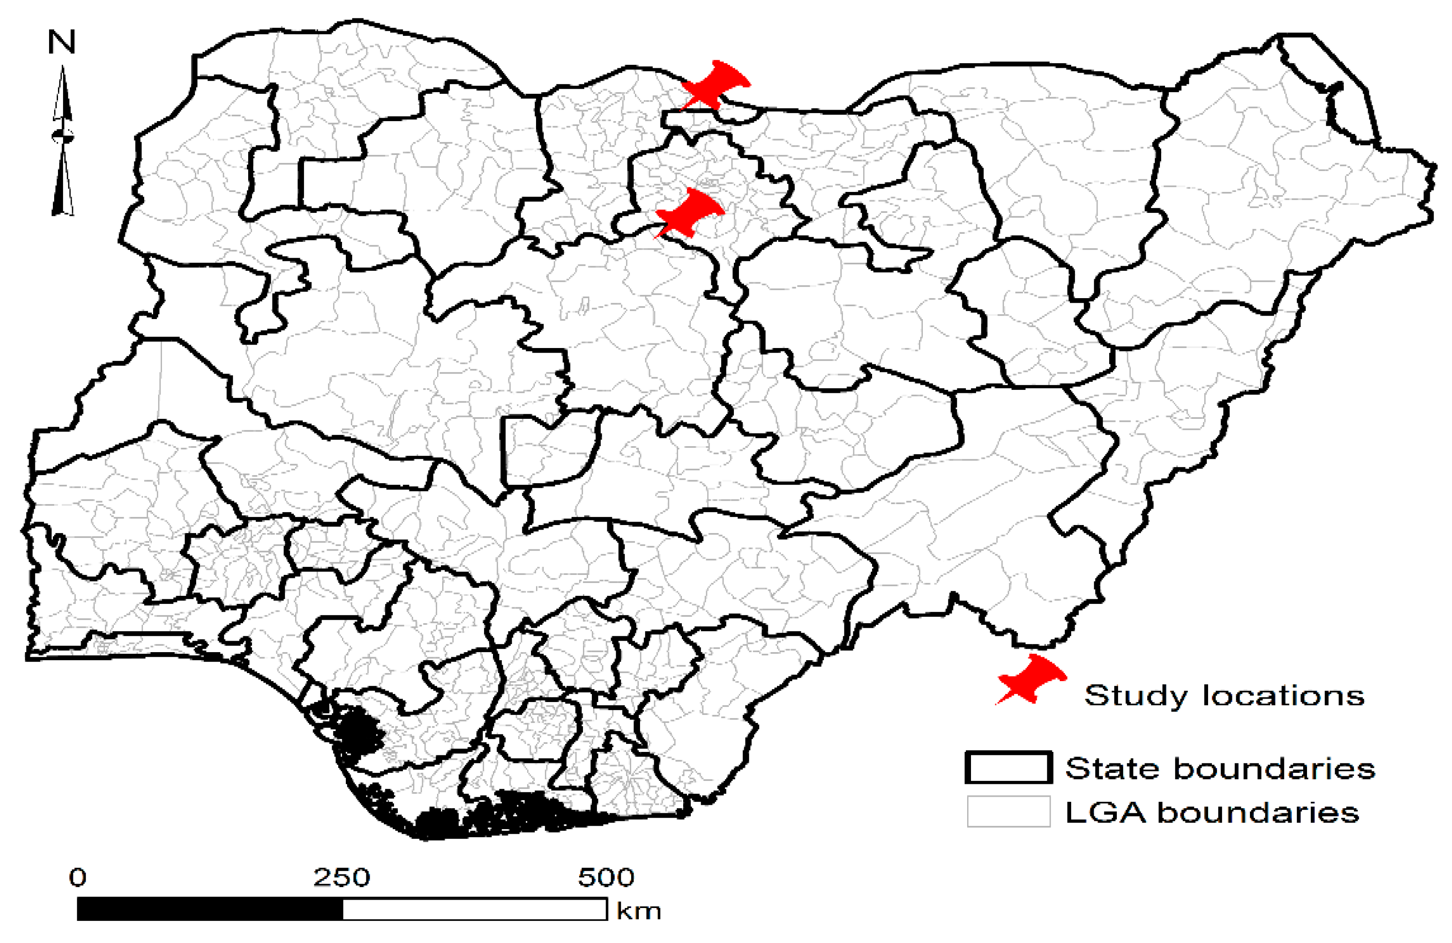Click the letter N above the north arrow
[x=61, y=43]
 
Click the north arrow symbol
[x=62, y=140]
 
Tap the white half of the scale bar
[x=475, y=909]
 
